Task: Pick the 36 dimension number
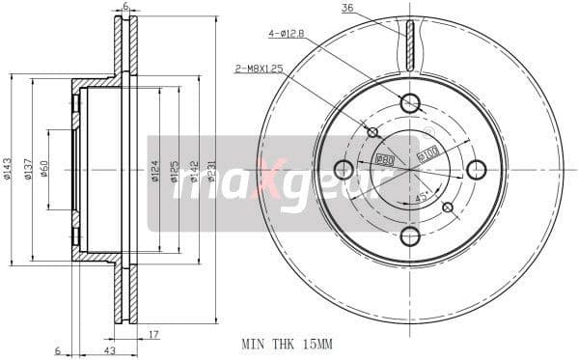(x=347, y=9)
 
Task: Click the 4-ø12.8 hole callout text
(x=287, y=34)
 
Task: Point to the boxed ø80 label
(x=383, y=158)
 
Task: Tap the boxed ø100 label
(x=426, y=152)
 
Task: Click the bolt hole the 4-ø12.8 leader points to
(x=410, y=102)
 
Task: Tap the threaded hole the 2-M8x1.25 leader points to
(x=373, y=132)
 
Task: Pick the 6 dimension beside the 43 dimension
(x=58, y=349)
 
